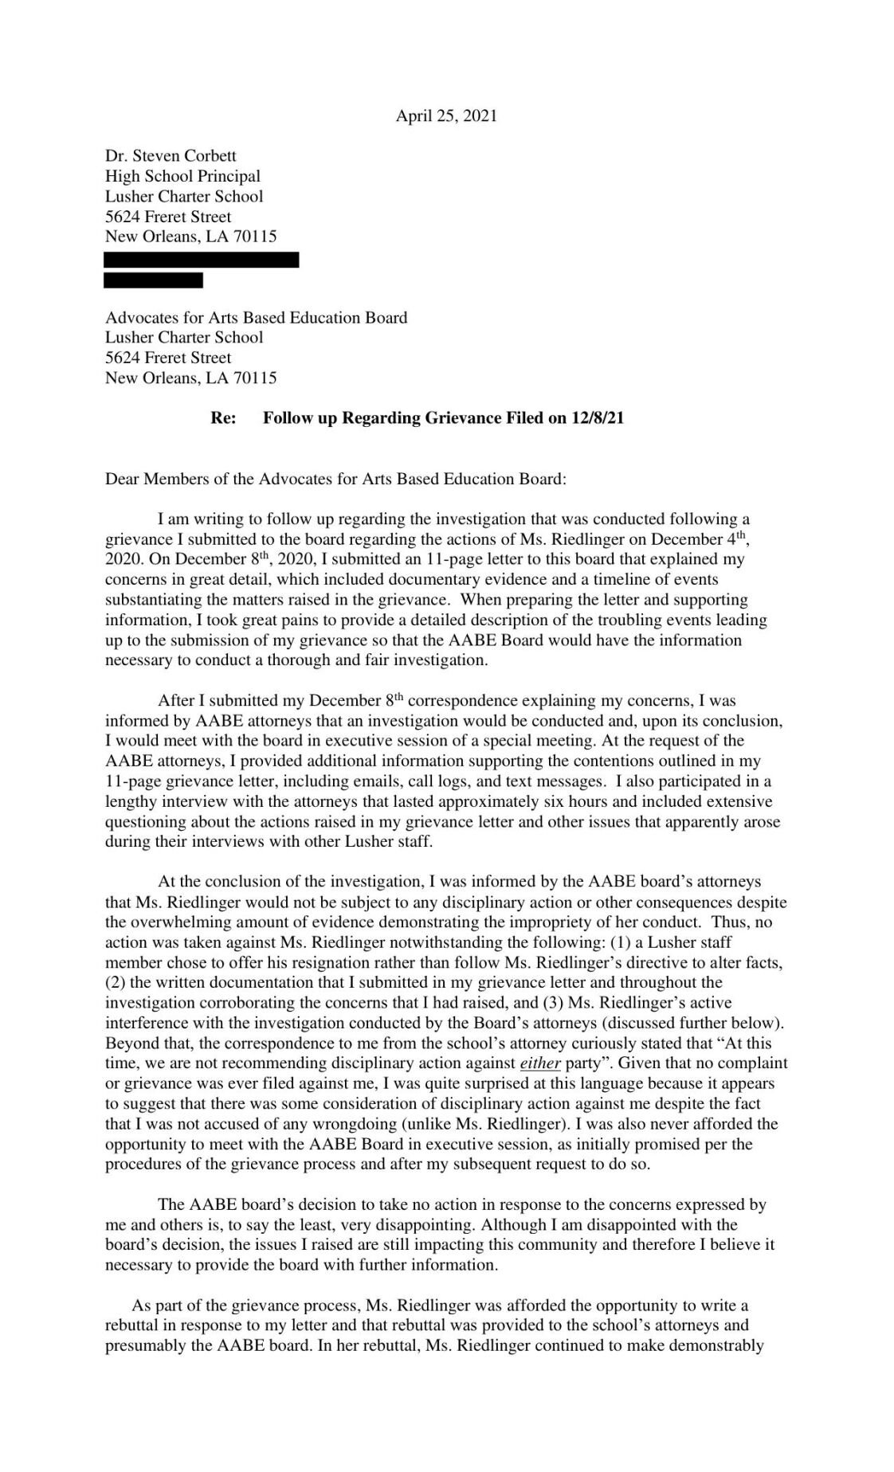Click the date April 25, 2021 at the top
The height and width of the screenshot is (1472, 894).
coord(446,116)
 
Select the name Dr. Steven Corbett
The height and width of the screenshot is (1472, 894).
coord(171,155)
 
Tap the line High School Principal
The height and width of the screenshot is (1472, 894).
coord(182,176)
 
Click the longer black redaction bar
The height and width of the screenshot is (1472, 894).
coord(202,260)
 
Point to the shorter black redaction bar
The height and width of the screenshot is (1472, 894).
coord(153,280)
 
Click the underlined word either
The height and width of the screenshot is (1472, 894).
coord(540,1063)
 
